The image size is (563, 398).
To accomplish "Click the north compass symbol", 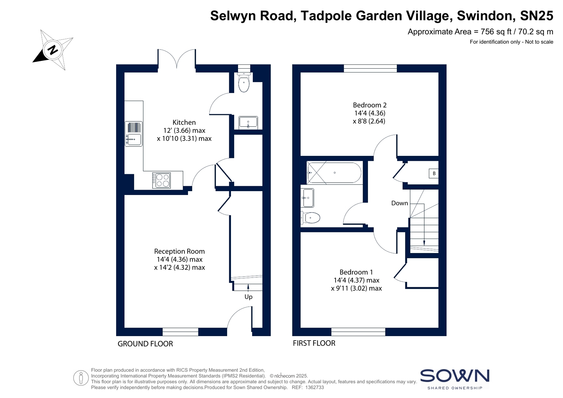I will pos(53,50).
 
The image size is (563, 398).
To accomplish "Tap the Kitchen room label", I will pos(184,122).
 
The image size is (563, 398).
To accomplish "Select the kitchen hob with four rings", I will pos(162,180).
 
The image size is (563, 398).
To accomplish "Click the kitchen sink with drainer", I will pos(133,134).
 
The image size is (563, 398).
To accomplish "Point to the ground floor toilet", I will pos(244,83).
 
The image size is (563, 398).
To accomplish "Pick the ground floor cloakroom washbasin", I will pos(248,122).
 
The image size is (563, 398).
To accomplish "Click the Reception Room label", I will pos(179,251).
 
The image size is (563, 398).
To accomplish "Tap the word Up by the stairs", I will pos(248,297).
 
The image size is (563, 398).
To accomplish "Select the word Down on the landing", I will pos(399,203).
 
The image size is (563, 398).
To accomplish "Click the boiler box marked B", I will pos(434,173).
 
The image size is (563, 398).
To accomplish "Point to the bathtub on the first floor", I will pos(334,172).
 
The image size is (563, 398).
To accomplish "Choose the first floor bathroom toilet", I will pos(311,217).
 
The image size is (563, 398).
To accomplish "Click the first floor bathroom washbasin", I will pos(307,198).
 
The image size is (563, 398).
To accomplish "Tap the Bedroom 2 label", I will pos(369,105).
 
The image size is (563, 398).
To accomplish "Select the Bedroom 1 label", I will pos(356,272).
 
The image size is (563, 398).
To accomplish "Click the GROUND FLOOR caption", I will pos(145,344).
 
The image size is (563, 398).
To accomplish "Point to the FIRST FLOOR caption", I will pos(314,343).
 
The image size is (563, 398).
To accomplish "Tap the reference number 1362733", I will pos(314,387).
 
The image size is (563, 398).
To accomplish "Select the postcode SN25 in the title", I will pos(536,16).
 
